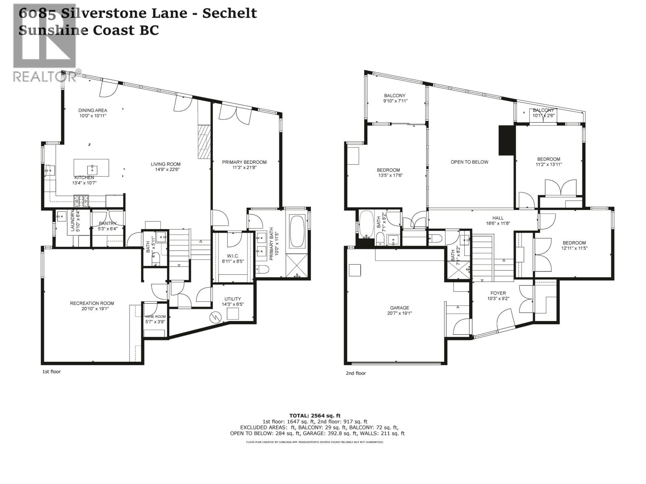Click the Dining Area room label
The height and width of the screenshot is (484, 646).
[x=92, y=110]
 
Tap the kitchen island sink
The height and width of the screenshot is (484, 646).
[x=92, y=167]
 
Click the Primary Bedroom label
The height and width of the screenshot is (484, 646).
[x=244, y=162]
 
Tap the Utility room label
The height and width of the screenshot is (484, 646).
[x=233, y=299]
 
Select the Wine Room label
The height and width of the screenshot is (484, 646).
[x=155, y=317]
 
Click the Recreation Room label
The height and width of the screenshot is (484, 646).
[x=92, y=303]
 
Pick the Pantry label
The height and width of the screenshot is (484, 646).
[x=107, y=223]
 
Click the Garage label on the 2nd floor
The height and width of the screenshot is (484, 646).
[x=399, y=308]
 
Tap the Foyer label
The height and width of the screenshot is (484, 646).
[x=498, y=293]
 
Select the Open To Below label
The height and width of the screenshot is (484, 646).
[x=469, y=162]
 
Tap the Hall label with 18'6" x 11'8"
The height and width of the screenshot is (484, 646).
[x=498, y=218]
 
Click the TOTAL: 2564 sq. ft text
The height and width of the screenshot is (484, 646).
[x=315, y=415]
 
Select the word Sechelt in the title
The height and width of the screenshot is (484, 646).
[x=229, y=13]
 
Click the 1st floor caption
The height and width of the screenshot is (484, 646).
[x=51, y=371]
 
